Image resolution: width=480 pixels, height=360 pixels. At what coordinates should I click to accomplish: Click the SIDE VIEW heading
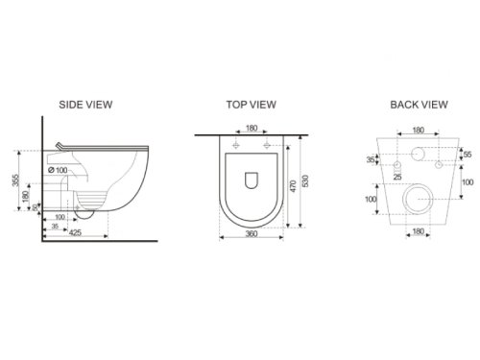click(85, 105)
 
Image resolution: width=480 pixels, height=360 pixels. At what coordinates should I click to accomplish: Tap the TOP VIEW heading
click(252, 105)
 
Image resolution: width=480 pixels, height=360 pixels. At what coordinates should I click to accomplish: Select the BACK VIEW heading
click(419, 105)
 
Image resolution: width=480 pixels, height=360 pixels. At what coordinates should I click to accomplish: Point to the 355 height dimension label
click(15, 180)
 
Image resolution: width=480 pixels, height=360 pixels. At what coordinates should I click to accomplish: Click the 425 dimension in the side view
click(75, 232)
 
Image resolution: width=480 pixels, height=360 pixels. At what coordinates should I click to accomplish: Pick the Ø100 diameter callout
click(58, 170)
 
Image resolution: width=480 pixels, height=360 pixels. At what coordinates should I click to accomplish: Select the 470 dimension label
click(293, 186)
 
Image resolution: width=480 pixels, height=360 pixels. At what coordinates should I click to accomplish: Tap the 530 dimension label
click(305, 181)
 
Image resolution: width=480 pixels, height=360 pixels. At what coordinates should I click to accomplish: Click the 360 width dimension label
click(252, 234)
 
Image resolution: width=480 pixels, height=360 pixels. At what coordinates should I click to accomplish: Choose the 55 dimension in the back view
click(468, 155)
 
